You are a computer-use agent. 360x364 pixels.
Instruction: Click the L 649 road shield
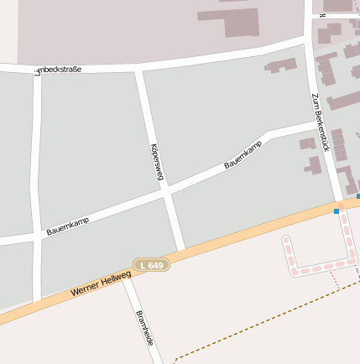click(x=152, y=265)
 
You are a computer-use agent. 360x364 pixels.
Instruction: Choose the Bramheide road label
click(x=144, y=328)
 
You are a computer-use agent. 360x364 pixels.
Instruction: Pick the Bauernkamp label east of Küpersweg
click(x=243, y=155)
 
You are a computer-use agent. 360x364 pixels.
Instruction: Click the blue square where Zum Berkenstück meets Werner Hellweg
click(x=337, y=211)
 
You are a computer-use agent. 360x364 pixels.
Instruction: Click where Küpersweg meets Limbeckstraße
click(x=138, y=66)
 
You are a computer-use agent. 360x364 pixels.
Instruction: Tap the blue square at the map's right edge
click(x=358, y=196)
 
